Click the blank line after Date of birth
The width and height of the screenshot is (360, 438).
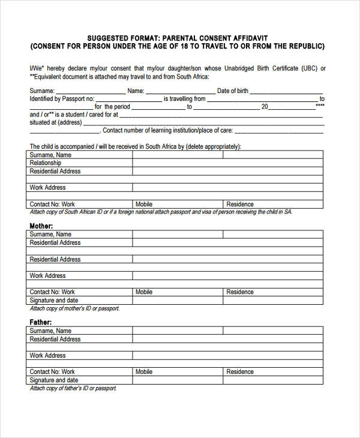point(287,91)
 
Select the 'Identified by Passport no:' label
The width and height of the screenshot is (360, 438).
point(62,99)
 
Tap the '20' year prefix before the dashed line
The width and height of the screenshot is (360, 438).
point(265,107)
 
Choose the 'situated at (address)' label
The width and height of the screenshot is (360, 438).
point(56,122)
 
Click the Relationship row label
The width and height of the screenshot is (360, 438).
point(46,163)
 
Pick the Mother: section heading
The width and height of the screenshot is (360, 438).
point(41,226)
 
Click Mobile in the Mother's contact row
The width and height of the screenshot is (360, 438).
point(144,292)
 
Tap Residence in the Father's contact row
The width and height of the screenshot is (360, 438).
point(240,372)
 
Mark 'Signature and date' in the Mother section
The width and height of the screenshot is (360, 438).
point(54,301)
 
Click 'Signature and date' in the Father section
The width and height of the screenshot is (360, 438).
point(54,380)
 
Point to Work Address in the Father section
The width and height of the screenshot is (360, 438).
point(48,356)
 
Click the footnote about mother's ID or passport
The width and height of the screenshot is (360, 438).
point(75,308)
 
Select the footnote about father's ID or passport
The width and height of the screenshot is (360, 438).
point(73,388)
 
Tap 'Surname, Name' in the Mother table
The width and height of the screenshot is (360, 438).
point(50,235)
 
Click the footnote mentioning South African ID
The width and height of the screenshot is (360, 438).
point(161,212)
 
